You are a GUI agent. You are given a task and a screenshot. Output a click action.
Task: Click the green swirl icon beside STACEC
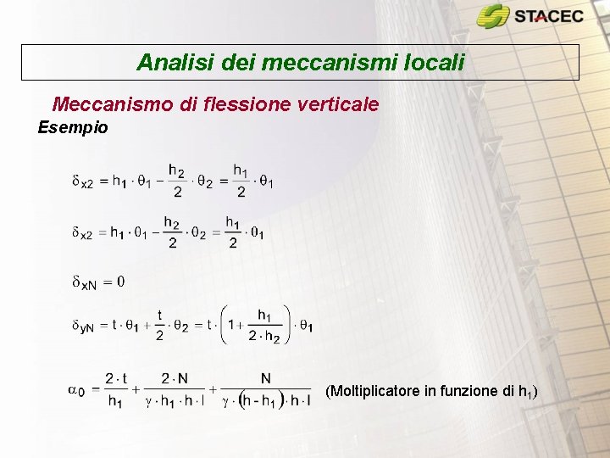pos(493,16)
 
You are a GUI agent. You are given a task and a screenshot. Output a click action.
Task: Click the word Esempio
pos(73,128)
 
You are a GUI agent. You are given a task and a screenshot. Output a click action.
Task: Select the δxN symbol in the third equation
pos(84,282)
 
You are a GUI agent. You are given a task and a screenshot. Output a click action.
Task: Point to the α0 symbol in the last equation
pos(75,389)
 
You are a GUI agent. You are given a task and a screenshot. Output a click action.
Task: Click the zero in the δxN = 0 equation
pos(120,281)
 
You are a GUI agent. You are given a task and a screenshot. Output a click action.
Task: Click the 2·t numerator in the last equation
pos(115,378)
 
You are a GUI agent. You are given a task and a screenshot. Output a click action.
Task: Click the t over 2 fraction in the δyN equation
pos(159,326)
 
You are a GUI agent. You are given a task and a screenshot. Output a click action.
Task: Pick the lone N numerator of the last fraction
pos(266,378)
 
